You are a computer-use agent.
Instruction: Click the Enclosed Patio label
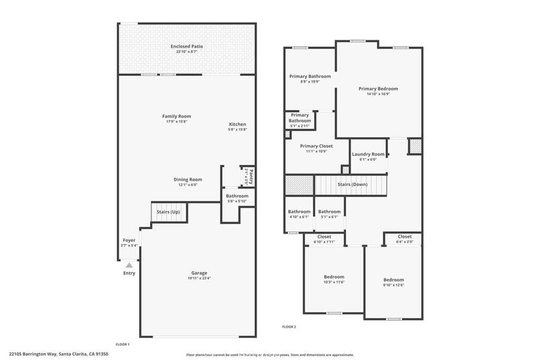(187, 46)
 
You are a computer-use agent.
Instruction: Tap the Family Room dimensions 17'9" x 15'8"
(177, 122)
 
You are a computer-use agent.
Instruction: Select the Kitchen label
(237, 124)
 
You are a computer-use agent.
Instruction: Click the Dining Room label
(188, 180)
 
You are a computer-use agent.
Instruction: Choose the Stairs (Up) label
(168, 212)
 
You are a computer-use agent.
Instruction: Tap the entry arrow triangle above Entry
(129, 265)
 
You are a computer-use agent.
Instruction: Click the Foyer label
(129, 240)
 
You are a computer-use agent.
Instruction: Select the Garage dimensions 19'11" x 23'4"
(199, 278)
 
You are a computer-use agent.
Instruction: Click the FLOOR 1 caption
(122, 344)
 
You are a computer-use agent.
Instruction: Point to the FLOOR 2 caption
(289, 327)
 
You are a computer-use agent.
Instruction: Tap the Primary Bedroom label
(378, 89)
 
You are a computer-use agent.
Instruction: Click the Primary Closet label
(316, 146)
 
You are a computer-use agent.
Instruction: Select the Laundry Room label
(368, 154)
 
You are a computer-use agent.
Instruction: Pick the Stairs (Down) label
(352, 185)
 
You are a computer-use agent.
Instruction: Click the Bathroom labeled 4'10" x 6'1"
(299, 212)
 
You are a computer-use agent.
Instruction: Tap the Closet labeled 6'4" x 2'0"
(404, 237)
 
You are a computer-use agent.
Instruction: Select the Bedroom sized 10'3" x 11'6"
(334, 277)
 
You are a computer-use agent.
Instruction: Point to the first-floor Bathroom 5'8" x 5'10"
(237, 196)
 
